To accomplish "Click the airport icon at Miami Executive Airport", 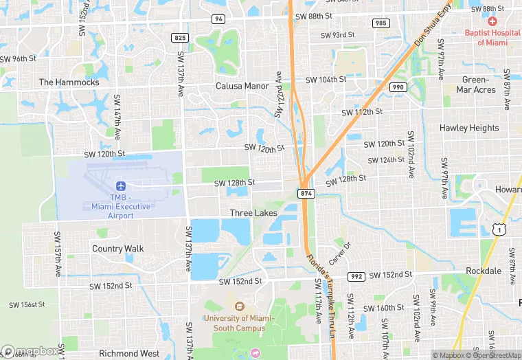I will [121, 186].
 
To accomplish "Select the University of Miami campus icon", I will [239, 306].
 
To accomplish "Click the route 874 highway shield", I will [306, 194].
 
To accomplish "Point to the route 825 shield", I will [180, 37].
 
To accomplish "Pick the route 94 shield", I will [218, 19].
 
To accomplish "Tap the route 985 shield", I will [381, 23].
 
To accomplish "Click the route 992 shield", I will [356, 277].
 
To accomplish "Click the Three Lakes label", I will [253, 214].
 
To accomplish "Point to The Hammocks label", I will [69, 82].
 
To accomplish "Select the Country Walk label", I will [117, 249].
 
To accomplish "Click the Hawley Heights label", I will [469, 128].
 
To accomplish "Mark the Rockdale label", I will [484, 271].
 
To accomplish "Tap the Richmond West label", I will [129, 354].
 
